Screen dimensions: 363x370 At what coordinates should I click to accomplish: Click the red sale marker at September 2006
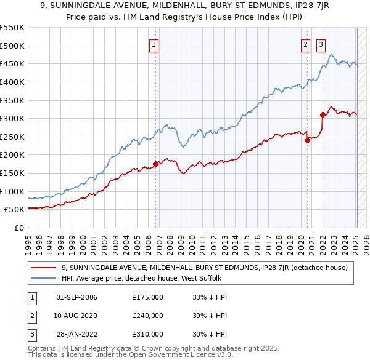155,163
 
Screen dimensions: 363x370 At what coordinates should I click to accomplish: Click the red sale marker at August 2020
307,140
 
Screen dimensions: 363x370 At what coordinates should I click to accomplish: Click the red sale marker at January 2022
323,114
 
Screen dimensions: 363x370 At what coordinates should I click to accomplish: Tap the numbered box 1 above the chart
153,44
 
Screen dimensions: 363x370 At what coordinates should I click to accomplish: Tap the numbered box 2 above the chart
305,44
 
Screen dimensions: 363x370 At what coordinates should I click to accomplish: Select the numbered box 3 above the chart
321,44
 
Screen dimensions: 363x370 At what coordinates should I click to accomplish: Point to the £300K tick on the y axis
12,118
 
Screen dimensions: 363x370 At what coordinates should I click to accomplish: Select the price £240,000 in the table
148,316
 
